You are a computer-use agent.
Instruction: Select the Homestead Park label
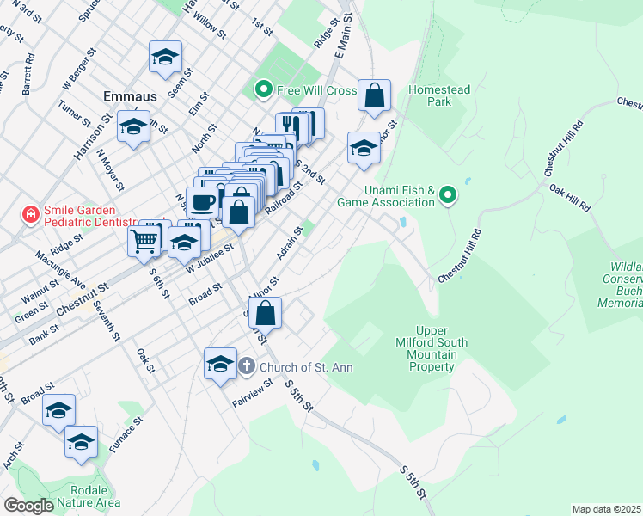click(440, 95)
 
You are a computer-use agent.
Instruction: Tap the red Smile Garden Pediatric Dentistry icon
click(31, 213)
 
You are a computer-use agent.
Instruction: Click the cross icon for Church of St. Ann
click(246, 366)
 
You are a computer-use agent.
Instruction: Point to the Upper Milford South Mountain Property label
click(442, 349)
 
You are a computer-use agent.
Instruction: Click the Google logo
click(28, 506)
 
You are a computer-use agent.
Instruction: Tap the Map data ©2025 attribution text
click(605, 509)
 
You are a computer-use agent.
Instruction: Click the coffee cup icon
click(202, 203)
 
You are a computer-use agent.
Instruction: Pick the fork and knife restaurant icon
click(291, 127)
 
